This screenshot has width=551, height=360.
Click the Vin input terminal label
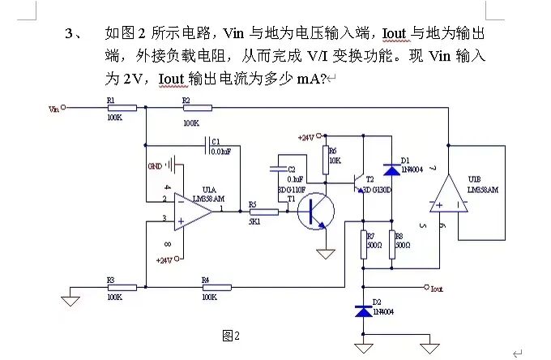pyautogui.click(x=53, y=107)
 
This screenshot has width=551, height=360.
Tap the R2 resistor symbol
pyautogui.click(x=197, y=107)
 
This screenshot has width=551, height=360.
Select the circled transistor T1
pyautogui.click(x=314, y=212)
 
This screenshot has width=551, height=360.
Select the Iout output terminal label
pyautogui.click(x=437, y=288)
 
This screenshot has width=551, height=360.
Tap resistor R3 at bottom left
pyautogui.click(x=120, y=287)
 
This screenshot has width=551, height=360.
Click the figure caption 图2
pyautogui.click(x=231, y=335)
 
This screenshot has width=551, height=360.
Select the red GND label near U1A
pyautogui.click(x=154, y=165)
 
